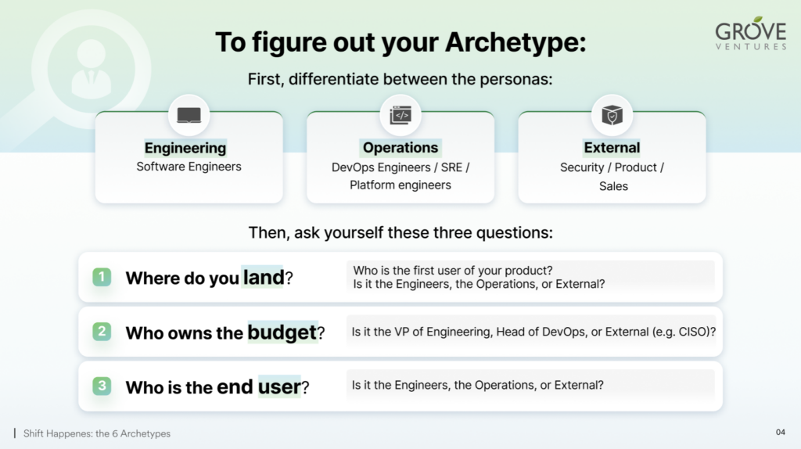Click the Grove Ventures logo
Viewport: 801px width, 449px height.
coord(750,34)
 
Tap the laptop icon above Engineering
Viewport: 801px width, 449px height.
coord(189,116)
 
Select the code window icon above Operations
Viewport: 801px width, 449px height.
coord(400,116)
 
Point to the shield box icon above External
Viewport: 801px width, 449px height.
coord(612,116)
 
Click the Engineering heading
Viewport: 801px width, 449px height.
coord(185,148)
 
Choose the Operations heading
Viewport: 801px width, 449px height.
coord(400,148)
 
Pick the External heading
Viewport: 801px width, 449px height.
coord(612,148)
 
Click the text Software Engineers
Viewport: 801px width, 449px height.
coord(189,167)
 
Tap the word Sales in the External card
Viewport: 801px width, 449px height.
coord(613,186)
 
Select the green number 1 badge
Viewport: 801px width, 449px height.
coord(102,277)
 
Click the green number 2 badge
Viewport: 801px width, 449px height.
coord(102,332)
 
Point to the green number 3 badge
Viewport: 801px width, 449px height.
coord(102,386)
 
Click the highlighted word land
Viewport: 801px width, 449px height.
coord(263,278)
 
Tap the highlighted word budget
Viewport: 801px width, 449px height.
coord(282,332)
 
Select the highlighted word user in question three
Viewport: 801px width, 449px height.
coord(279,386)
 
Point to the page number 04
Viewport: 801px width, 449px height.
coord(780,432)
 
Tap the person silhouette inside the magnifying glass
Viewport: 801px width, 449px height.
coord(92,69)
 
